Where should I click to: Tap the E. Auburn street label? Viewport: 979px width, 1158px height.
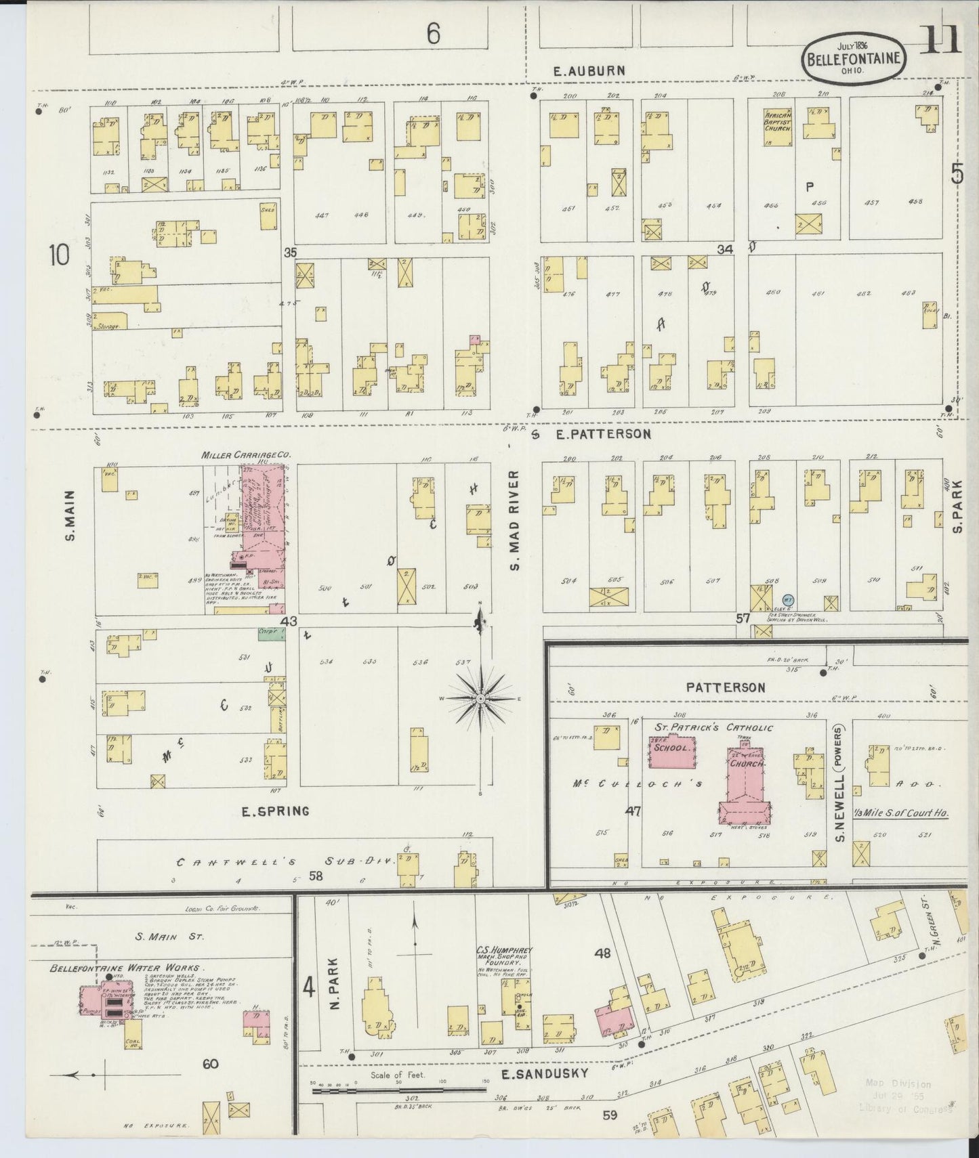point(587,70)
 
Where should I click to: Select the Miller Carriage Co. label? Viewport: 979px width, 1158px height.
point(246,455)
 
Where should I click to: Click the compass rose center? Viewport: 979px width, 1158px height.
point(480,698)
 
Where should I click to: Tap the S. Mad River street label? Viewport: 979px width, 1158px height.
point(515,519)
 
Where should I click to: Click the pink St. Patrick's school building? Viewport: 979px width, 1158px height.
point(671,752)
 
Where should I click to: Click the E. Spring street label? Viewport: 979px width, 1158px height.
point(276,811)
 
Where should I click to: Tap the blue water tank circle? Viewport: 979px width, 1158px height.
point(788,599)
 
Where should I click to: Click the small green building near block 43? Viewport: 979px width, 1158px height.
point(272,632)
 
